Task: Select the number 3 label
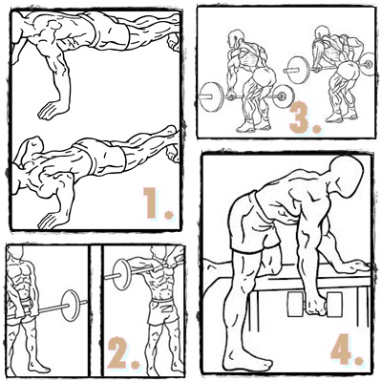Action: [x=304, y=117]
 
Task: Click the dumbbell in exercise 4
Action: [x=314, y=305]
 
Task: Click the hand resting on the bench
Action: [x=356, y=265]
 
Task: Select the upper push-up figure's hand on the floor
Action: [x=53, y=110]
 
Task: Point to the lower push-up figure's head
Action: [x=31, y=150]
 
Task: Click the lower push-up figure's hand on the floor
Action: [x=53, y=220]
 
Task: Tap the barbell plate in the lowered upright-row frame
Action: [x=70, y=305]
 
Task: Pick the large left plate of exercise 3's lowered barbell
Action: [x=213, y=97]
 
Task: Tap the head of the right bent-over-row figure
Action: [x=322, y=34]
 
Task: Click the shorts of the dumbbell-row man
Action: [x=253, y=223]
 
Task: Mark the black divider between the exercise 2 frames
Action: [x=95, y=310]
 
